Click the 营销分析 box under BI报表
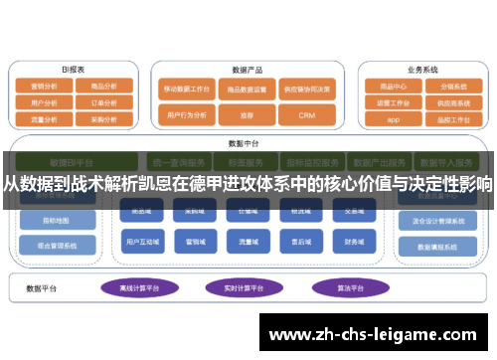tap(45, 87)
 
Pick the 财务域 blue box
tap(355, 241)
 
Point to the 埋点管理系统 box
tap(59, 245)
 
